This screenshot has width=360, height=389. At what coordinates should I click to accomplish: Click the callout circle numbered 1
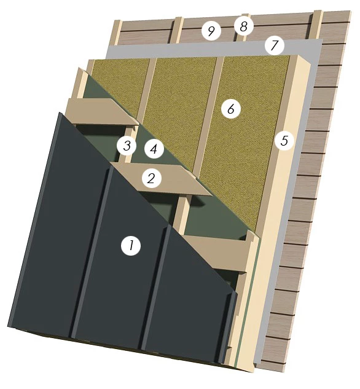pyautogui.click(x=131, y=246)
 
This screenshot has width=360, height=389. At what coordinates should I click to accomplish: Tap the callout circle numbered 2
pyautogui.click(x=152, y=178)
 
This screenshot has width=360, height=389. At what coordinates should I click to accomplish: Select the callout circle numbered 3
pyautogui.click(x=127, y=146)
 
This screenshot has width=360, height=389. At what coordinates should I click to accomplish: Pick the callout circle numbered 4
pyautogui.click(x=154, y=149)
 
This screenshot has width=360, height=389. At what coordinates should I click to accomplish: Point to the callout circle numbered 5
pyautogui.click(x=284, y=140)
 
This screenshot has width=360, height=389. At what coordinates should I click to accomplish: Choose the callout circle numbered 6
pyautogui.click(x=231, y=108)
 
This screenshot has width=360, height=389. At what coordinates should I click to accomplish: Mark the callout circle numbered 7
pyautogui.click(x=274, y=45)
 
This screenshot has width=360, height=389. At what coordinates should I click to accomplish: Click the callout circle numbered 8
pyautogui.click(x=244, y=26)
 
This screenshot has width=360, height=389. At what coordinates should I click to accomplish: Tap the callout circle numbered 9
pyautogui.click(x=211, y=31)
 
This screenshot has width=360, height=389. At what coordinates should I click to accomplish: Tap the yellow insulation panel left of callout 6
pyautogui.click(x=174, y=112)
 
